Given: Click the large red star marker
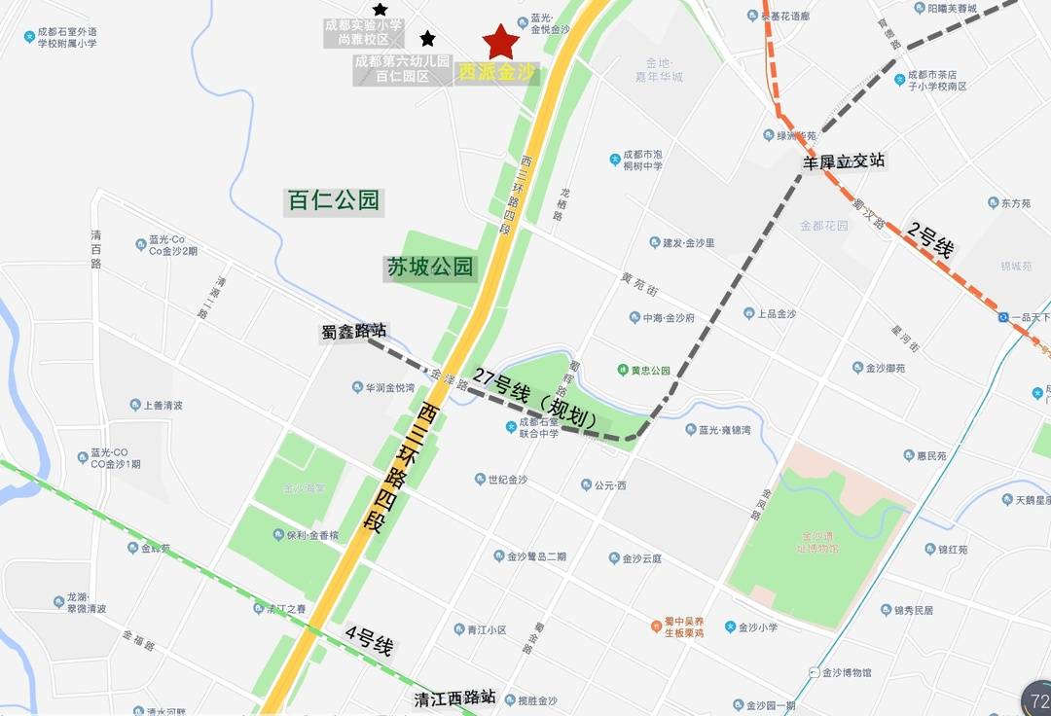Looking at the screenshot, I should coord(501,42).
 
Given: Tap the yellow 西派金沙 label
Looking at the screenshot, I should coord(497,72).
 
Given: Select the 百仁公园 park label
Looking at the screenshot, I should coord(333,201).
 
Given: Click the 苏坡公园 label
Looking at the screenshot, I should coord(430,268).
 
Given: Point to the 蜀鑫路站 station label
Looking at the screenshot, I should coord(353,332).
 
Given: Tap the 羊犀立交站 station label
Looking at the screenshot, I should coord(843,162).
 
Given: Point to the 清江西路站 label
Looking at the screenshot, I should coord(454,698).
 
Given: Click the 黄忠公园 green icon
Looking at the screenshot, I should coord(623,370).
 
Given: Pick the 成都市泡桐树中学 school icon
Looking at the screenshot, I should coord(615,159).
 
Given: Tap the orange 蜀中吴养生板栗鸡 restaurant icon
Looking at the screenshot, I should coord(657,626).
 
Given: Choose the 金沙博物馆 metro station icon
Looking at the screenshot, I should coord(814,672).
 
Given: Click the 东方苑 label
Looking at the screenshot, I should coord(1015,203).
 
